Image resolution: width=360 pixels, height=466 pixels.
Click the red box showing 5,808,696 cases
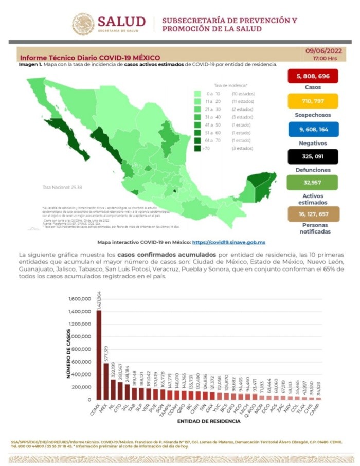[313, 77]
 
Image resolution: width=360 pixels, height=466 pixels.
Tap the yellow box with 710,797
[313, 101]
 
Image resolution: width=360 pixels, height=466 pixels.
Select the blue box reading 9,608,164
[313, 129]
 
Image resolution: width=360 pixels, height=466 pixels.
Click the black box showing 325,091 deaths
[313, 156]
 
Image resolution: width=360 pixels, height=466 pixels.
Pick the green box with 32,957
[313, 183]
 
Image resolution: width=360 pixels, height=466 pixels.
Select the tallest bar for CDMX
[99, 355]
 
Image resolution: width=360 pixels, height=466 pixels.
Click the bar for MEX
[106, 381]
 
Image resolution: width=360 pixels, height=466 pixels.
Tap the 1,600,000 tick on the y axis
[79, 299]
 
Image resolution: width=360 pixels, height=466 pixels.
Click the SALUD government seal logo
[83, 24]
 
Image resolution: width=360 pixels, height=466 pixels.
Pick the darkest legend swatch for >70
[197, 148]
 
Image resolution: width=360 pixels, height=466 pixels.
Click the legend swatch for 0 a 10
[197, 94]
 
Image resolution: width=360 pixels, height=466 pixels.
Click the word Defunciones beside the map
[313, 170]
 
